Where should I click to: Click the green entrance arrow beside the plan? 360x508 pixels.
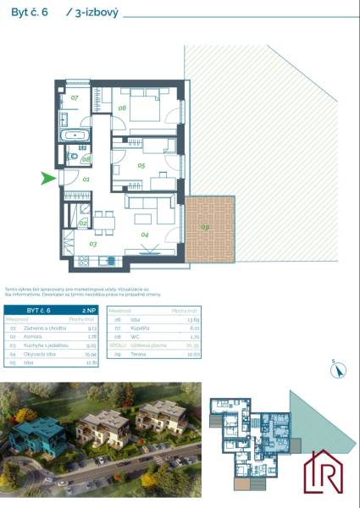tap(48, 178)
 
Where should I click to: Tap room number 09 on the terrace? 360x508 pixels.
tap(205, 227)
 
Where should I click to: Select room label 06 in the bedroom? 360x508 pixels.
tap(121, 108)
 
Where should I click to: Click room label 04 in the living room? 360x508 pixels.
tap(144, 234)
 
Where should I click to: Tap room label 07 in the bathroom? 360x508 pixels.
tap(75, 98)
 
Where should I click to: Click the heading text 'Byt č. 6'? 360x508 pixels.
tap(30, 13)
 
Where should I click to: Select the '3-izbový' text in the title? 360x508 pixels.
tap(94, 13)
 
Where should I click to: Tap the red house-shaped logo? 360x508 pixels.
tap(326, 472)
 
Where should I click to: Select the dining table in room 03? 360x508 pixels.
tap(102, 222)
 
